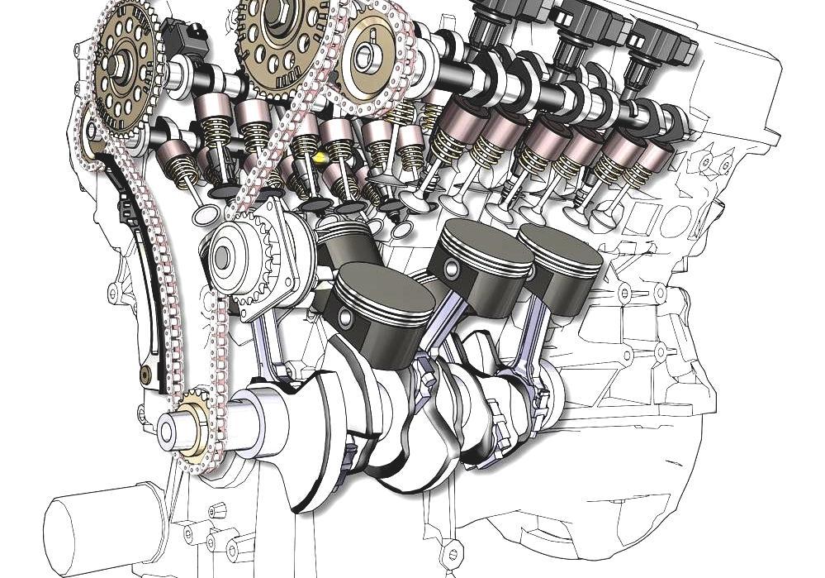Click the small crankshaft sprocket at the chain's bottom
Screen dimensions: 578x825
(195, 421)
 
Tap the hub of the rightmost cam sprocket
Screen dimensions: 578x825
(365, 55)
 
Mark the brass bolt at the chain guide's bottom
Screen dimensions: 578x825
(145, 375)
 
